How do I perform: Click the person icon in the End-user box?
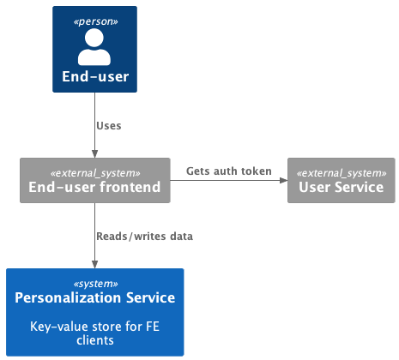(x=95, y=46)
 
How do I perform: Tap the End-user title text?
(x=95, y=77)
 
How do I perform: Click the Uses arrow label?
(x=109, y=125)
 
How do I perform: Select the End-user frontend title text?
(x=94, y=187)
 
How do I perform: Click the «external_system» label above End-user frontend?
(x=94, y=171)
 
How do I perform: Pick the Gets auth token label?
(x=228, y=171)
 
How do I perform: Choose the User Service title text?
(x=341, y=187)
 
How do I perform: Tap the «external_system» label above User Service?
(x=341, y=171)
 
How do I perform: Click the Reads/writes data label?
(x=145, y=236)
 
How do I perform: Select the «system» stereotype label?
(x=95, y=282)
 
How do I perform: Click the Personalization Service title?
(x=95, y=298)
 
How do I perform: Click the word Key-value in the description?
(x=58, y=326)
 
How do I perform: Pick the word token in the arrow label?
(x=255, y=171)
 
